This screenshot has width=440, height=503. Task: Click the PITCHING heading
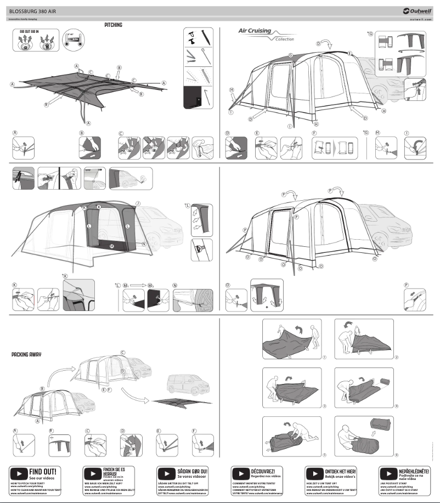[x=113, y=25]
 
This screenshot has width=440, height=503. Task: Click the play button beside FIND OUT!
[x=19, y=472]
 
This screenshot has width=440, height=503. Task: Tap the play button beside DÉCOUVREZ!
[x=241, y=472]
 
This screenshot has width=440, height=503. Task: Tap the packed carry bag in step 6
[x=379, y=426]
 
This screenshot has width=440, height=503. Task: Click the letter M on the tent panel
[x=111, y=246]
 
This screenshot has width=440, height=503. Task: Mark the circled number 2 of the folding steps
[x=396, y=357]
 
